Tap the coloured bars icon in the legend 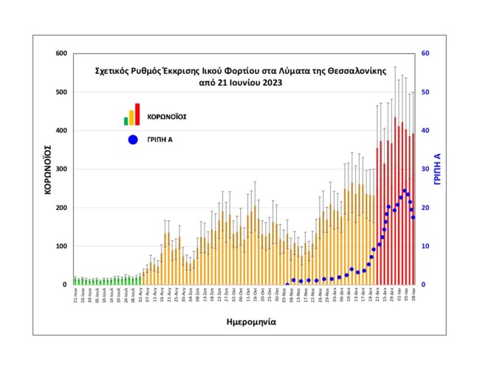click(131, 115)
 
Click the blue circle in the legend click(132, 139)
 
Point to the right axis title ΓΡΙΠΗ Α click(437, 169)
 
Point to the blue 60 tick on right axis click(425, 54)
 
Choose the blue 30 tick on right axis click(425, 169)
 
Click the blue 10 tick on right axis click(425, 246)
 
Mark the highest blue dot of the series click(405, 191)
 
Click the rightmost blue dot click(414, 217)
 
